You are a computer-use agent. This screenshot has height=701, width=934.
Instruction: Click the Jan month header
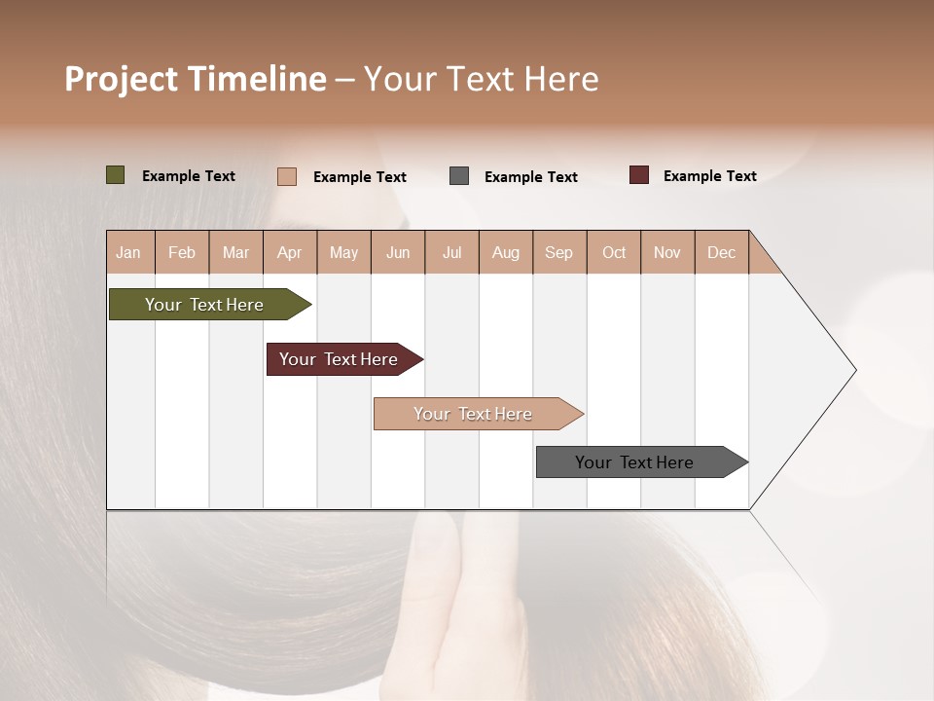point(128,252)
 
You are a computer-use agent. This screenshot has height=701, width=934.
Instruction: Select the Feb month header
point(182,252)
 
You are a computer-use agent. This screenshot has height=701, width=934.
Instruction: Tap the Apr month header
point(289,252)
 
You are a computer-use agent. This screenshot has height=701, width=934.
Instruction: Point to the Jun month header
point(398,252)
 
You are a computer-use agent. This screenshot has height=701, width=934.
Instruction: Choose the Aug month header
point(505,252)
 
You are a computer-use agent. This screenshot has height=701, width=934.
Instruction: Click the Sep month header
point(558,252)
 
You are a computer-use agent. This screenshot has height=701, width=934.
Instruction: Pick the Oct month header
point(614,252)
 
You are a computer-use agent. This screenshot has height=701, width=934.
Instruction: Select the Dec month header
point(721,252)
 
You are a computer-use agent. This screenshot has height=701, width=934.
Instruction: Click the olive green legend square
point(116,175)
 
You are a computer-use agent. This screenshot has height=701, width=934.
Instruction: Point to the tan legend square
point(287,176)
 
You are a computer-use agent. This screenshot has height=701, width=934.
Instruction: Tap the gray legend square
point(459,176)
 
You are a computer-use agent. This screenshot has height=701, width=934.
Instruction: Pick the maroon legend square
point(639,175)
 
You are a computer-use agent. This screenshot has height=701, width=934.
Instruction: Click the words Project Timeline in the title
point(196,79)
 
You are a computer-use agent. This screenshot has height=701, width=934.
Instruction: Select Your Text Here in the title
point(481,79)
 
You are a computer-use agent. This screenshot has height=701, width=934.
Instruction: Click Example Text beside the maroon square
point(709,175)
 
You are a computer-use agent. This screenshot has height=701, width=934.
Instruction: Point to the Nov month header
point(667,252)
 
